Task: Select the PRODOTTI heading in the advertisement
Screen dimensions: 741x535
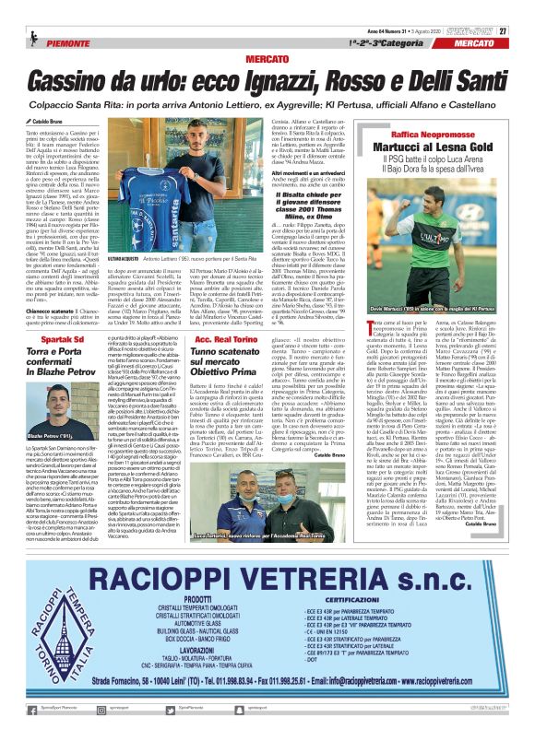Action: click(x=198, y=598)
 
